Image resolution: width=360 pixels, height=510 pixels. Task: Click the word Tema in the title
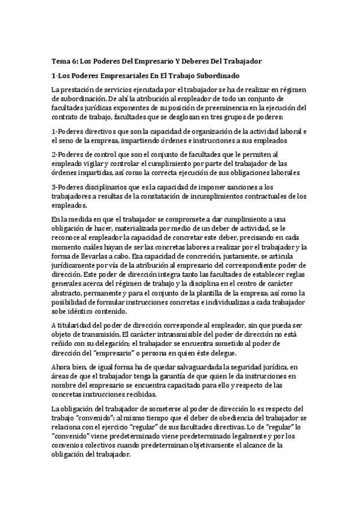tap(61, 61)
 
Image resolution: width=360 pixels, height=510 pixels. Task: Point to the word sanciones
tap(243, 186)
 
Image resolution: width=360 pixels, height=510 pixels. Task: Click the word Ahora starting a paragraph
tap(62, 366)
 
